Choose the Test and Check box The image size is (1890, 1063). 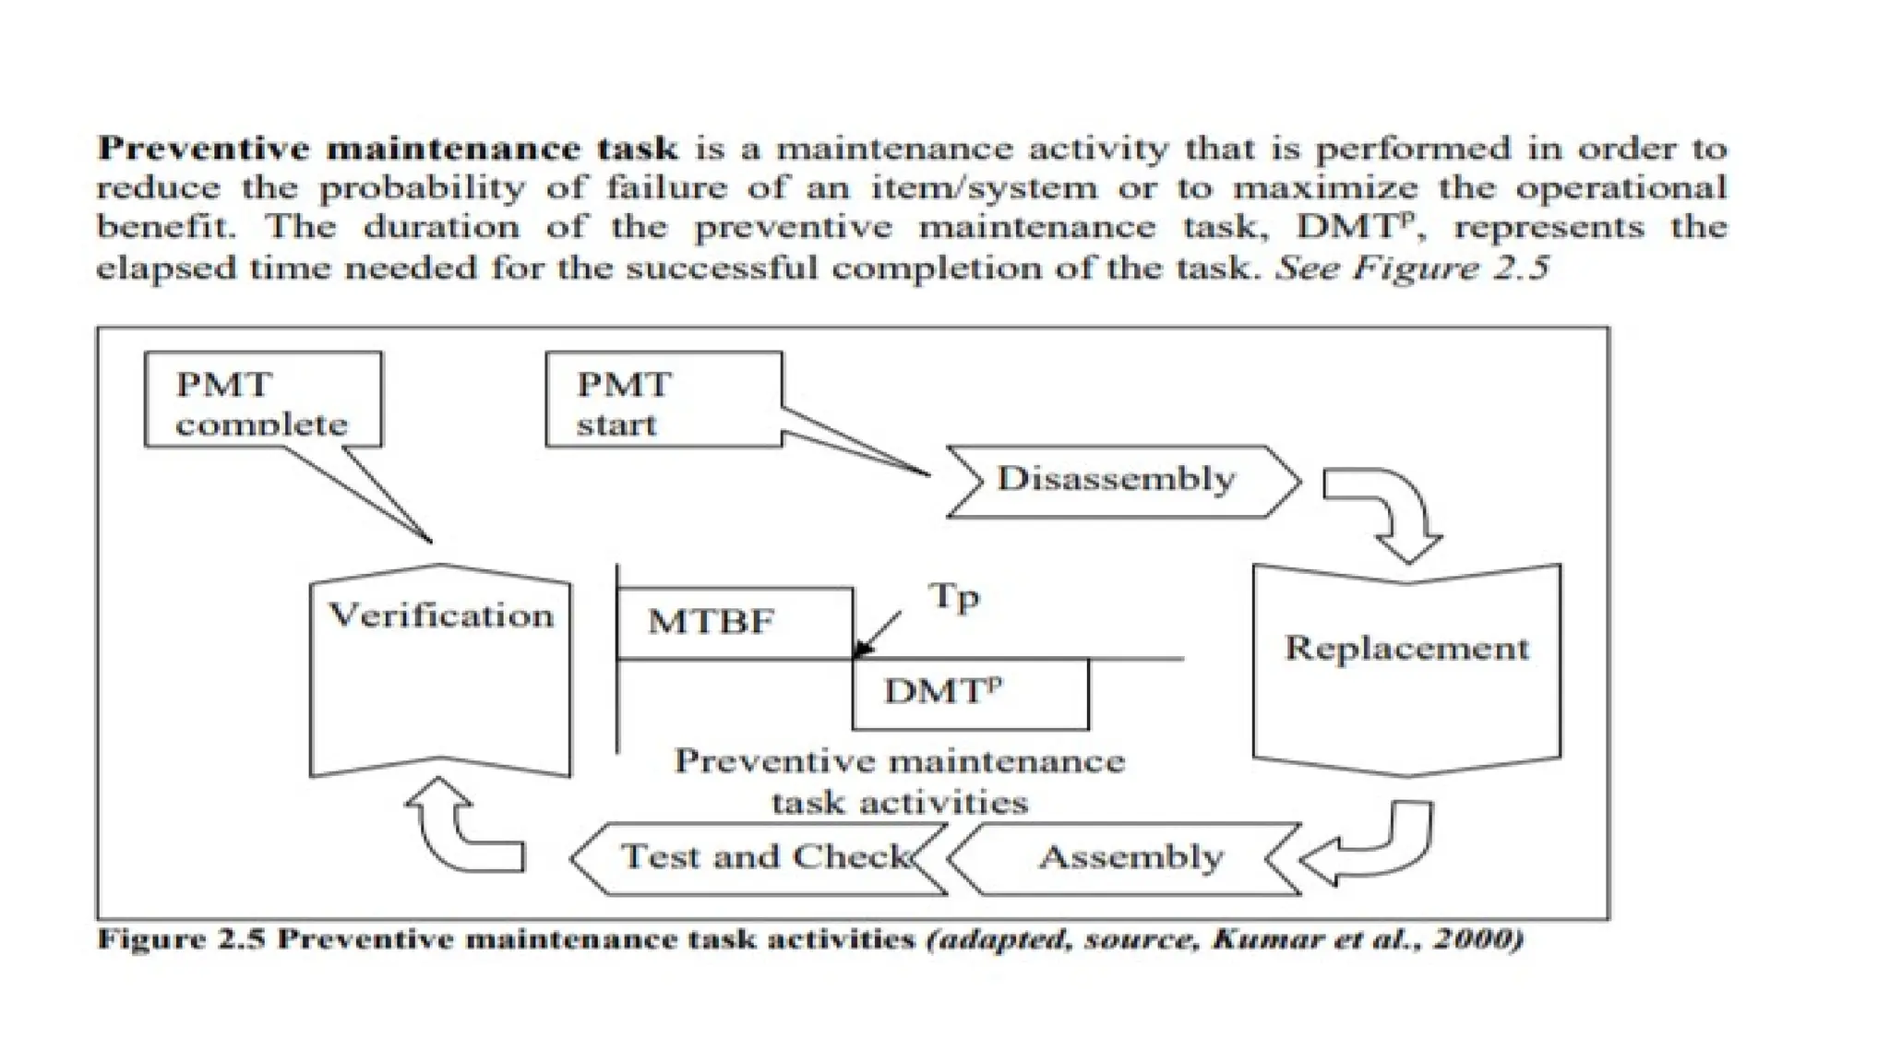[760, 858]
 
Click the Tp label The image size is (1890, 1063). [954, 598]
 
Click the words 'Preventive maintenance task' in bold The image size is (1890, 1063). [388, 149]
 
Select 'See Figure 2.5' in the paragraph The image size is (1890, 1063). [1411, 269]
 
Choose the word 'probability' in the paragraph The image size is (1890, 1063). [423, 189]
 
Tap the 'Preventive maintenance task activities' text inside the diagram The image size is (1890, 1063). [900, 781]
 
